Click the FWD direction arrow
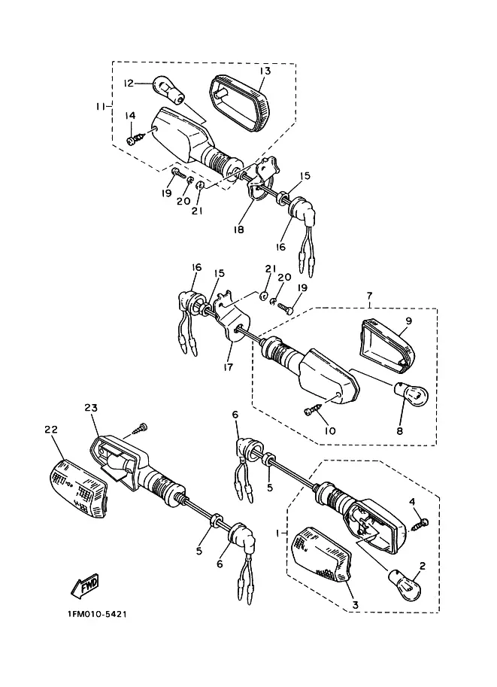pos(86,585)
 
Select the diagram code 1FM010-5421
pos(97,614)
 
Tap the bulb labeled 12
pos(168,90)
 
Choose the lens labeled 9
pos(386,346)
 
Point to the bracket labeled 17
pos(232,319)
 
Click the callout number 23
pos(91,408)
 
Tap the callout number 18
pos(238,230)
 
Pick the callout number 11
pos(101,106)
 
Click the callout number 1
pos(277,533)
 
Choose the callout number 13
pos(265,71)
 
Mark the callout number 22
pos(51,430)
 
